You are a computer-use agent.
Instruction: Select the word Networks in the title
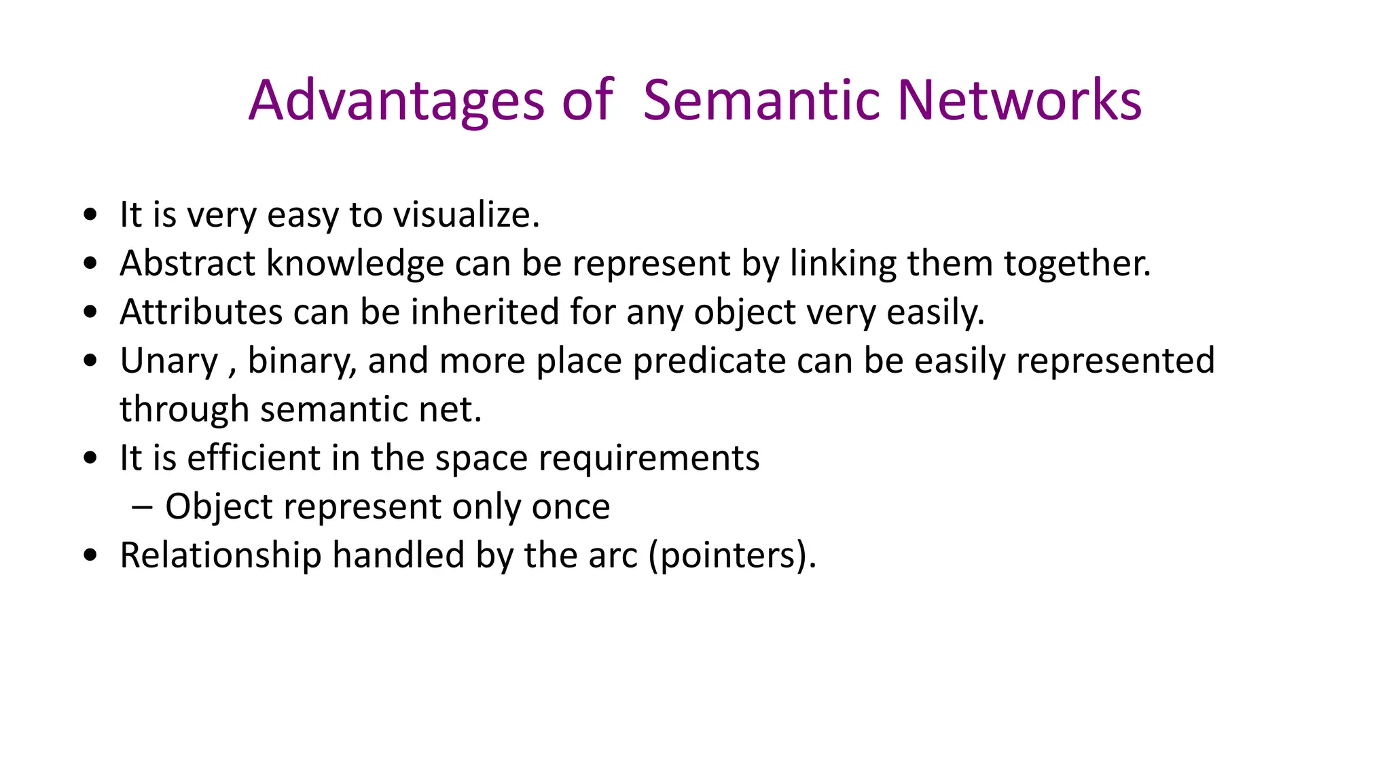click(1019, 101)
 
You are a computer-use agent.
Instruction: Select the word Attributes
click(201, 312)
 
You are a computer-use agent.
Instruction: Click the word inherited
click(485, 312)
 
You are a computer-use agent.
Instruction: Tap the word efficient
click(253, 458)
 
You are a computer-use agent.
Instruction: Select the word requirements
click(649, 458)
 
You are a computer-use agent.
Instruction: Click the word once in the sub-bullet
click(571, 507)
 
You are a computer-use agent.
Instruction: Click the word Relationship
click(220, 555)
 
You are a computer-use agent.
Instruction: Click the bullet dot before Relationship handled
click(90, 555)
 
